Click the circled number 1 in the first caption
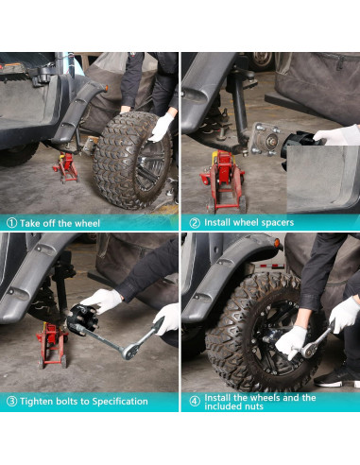tap(10, 223)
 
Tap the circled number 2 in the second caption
tap(194, 223)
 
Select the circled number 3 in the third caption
tap(10, 401)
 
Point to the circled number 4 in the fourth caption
tap(194, 401)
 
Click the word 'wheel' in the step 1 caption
tap(87, 223)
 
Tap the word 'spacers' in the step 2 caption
tap(274, 223)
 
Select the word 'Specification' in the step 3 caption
tap(113, 401)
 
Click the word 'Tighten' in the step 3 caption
tap(36, 401)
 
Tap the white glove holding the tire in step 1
tap(162, 127)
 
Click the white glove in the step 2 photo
tap(336, 135)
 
